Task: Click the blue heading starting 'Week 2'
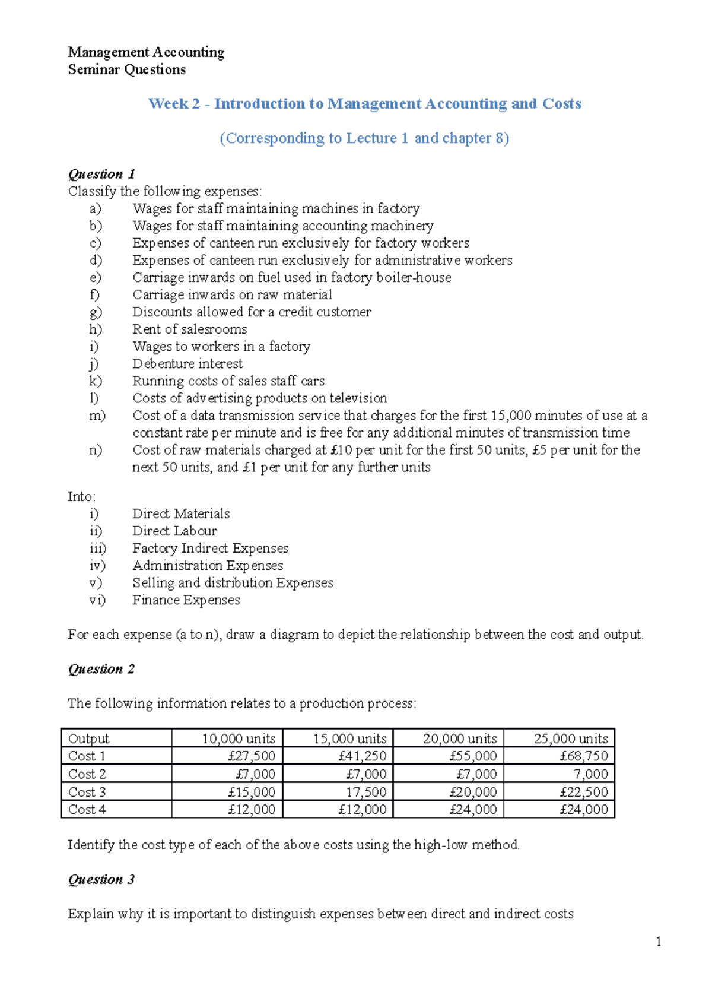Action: pyautogui.click(x=364, y=104)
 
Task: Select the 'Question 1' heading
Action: pyautogui.click(x=101, y=174)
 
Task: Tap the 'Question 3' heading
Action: pyautogui.click(x=101, y=879)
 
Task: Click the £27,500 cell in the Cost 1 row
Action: pyautogui.click(x=252, y=756)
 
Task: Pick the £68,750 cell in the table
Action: pyautogui.click(x=584, y=756)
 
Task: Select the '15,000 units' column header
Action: pyautogui.click(x=349, y=738)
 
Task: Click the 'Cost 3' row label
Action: pyautogui.click(x=87, y=792)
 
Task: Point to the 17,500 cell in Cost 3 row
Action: pyautogui.click(x=366, y=792)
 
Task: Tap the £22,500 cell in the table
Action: pyautogui.click(x=584, y=792)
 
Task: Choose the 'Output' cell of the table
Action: pyautogui.click(x=89, y=738)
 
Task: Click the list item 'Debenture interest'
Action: pyautogui.click(x=187, y=363)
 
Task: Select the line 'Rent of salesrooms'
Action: pyautogui.click(x=189, y=329)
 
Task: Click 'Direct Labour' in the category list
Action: pyautogui.click(x=174, y=531)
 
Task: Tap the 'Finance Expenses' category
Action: pyautogui.click(x=186, y=600)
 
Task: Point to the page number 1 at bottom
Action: pyautogui.click(x=659, y=942)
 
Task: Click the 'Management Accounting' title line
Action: pyautogui.click(x=146, y=52)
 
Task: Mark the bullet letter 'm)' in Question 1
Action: pyautogui.click(x=97, y=416)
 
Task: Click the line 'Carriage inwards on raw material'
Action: pyautogui.click(x=232, y=294)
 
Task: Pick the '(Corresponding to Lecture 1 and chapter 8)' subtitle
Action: pyautogui.click(x=364, y=138)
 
